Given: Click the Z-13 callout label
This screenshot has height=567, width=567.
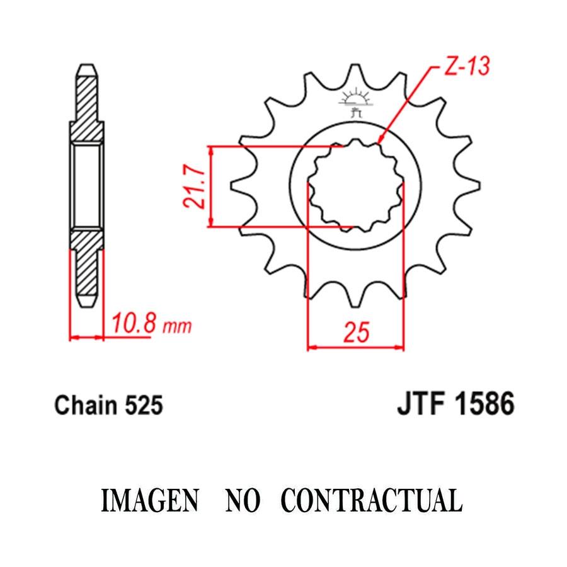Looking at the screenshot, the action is click(x=467, y=66).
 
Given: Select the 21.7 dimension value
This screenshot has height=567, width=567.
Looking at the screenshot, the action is click(x=194, y=187).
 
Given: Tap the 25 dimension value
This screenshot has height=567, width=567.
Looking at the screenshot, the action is click(x=357, y=332).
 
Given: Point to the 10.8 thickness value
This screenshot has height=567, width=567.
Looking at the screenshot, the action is click(x=134, y=324).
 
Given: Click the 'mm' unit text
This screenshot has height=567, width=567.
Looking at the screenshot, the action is click(x=177, y=326).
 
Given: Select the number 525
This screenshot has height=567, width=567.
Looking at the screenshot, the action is click(x=144, y=405).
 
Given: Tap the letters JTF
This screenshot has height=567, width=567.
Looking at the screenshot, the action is click(x=421, y=404).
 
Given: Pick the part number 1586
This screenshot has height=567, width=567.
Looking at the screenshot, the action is click(x=484, y=404).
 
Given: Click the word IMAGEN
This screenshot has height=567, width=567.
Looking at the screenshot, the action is click(x=150, y=500).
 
